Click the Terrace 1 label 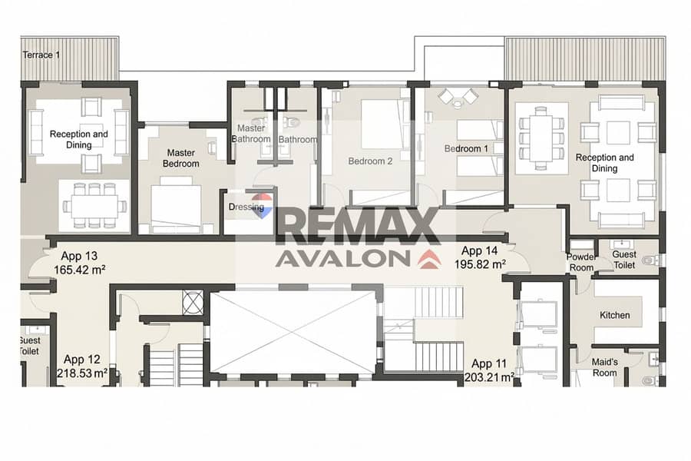[41, 55]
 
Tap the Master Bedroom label [180, 158]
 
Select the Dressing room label [246, 207]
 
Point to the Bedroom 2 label [370, 161]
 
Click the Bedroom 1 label [466, 148]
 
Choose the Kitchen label [614, 315]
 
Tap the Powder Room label [581, 262]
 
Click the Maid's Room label [604, 367]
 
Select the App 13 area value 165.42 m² [79, 270]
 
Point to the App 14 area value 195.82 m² [480, 264]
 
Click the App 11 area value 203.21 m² [489, 377]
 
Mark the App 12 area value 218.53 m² [82, 373]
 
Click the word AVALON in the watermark [343, 258]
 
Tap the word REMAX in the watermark [358, 226]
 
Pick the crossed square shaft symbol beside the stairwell [193, 302]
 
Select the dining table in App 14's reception [541, 138]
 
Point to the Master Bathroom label [251, 133]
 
